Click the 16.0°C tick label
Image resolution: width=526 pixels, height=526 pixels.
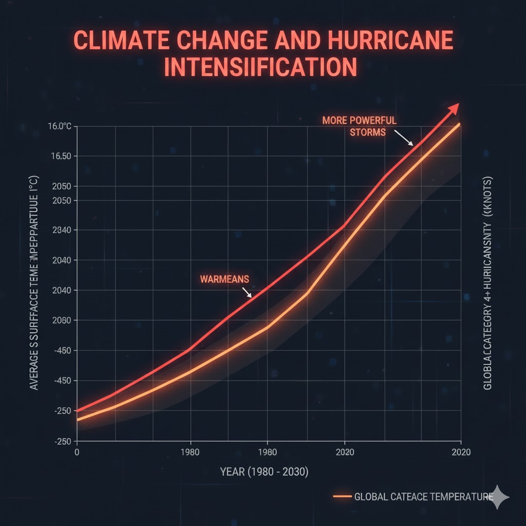point(60,126)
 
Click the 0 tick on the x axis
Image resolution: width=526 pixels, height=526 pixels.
point(77,453)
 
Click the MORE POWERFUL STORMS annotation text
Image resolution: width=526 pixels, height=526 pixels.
point(360,126)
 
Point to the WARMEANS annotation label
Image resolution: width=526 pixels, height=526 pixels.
point(224,279)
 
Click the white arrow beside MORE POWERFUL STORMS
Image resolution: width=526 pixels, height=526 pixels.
point(404,138)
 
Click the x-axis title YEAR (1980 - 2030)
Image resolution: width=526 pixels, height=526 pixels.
point(264,472)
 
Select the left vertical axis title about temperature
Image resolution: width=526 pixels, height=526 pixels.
point(34,286)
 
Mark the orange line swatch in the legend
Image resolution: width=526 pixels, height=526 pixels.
point(343,497)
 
